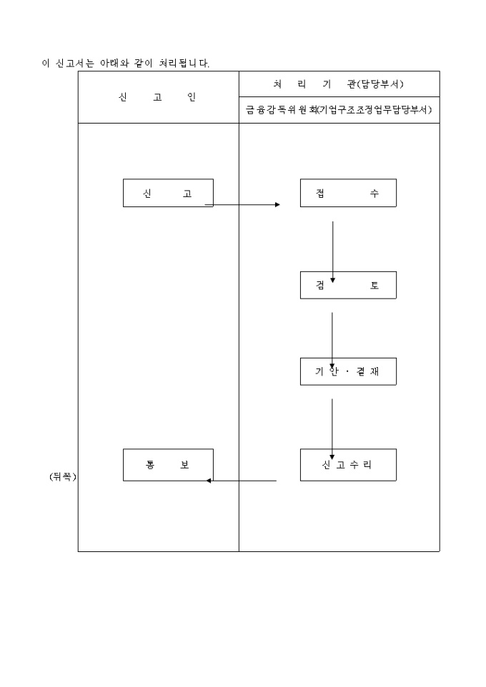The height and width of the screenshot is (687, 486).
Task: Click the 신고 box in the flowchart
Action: point(168,193)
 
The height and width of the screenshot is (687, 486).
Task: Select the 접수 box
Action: point(348,193)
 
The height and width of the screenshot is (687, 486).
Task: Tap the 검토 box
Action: point(348,285)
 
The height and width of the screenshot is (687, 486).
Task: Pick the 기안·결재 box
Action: point(348,371)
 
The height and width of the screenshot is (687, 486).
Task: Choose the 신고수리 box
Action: point(348,465)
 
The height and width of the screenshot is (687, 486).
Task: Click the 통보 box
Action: point(168,465)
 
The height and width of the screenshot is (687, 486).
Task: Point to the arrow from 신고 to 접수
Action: point(243,204)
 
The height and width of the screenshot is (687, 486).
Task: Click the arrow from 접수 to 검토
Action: point(332,250)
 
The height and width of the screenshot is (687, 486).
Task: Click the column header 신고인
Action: point(158,97)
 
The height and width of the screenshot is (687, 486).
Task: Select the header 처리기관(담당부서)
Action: point(339,84)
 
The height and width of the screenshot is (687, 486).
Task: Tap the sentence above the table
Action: point(125,64)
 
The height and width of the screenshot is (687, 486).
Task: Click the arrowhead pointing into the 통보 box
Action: point(209,481)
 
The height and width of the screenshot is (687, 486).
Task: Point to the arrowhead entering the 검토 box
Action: point(332,280)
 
